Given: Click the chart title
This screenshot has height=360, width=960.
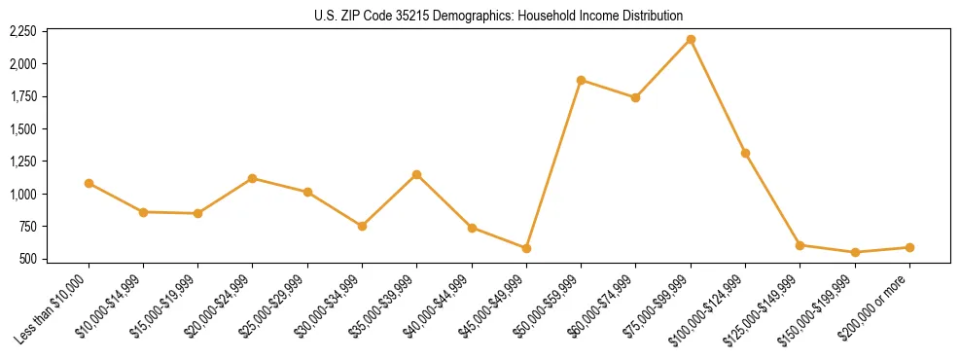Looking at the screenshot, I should coord(498,16).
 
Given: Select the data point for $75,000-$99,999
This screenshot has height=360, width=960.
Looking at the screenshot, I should coord(691,39).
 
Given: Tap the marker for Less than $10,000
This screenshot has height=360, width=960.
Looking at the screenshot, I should coord(89,183).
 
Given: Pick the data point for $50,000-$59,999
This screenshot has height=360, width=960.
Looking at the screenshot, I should coord(581,80).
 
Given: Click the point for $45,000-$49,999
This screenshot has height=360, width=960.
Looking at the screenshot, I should coord(526,248).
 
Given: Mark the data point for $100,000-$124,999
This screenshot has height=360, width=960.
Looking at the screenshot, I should coord(745,153).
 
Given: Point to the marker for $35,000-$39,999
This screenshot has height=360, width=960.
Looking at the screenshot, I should coord(416,174).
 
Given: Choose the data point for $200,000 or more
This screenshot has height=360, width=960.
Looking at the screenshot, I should coord(909,247).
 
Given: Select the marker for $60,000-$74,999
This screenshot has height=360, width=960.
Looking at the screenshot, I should coord(635,97).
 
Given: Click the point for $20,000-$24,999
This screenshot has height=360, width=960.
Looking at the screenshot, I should coord(253,178).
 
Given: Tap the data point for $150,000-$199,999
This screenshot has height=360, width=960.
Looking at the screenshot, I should coord(855,252).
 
